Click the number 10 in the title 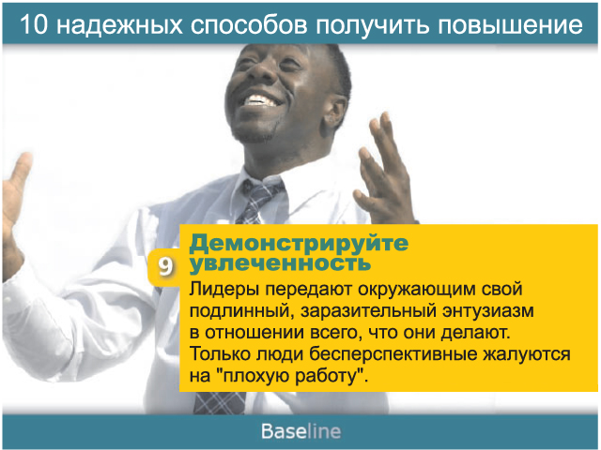tap(34, 24)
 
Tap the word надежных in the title tap(119, 25)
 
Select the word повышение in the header tap(511, 25)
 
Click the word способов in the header tap(249, 24)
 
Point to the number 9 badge tap(165, 266)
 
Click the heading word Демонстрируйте tap(299, 244)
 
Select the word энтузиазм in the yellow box tap(487, 311)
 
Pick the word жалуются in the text tap(526, 354)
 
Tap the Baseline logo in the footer tap(300, 431)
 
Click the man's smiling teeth tap(261, 101)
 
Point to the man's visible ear tap(334, 111)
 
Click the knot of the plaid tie tap(261, 191)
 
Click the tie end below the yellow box tap(220, 403)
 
